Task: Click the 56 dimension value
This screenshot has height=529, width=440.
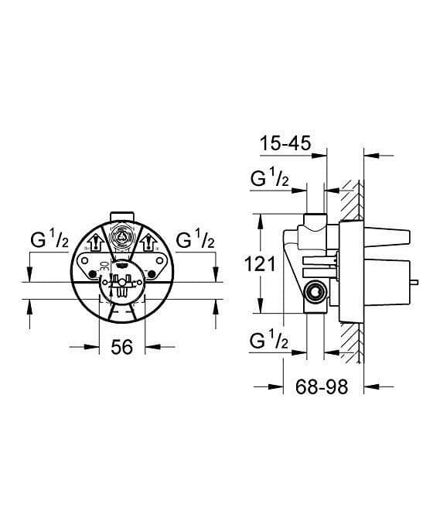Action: (x=122, y=348)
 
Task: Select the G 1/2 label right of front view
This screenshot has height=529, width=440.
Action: (x=194, y=241)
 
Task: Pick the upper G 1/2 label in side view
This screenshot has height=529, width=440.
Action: (x=271, y=180)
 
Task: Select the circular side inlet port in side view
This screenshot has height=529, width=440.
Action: (x=313, y=293)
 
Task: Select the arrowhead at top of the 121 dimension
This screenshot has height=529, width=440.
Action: (x=261, y=218)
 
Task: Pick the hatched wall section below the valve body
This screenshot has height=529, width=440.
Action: (x=354, y=341)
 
